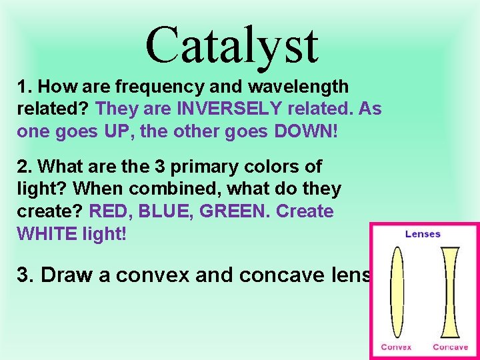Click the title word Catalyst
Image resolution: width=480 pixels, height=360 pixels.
click(x=231, y=45)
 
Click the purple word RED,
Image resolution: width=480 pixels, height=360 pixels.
click(x=112, y=211)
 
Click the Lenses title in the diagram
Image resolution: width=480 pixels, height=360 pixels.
click(x=423, y=234)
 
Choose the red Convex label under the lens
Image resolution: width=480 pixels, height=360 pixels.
click(x=397, y=347)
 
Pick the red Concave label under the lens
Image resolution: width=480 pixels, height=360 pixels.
click(x=450, y=347)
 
